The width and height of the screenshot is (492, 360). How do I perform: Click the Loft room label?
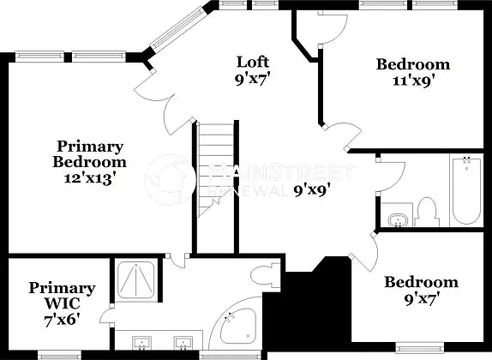253,63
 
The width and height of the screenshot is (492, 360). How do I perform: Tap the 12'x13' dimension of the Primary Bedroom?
88,178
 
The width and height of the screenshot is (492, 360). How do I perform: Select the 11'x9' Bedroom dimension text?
413,81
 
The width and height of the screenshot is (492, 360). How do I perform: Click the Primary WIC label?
62,296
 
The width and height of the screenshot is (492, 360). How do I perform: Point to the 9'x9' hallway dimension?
312,190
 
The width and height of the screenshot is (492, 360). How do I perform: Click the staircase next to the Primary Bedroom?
216,170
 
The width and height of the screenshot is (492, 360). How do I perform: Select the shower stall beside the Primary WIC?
136,280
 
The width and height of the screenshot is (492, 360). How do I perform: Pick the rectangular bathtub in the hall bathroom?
466,191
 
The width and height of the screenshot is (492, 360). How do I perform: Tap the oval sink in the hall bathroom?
398,219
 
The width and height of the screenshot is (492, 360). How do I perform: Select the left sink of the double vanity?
142,343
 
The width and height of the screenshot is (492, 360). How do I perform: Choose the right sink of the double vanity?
183,343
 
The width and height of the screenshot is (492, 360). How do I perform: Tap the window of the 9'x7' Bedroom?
420,347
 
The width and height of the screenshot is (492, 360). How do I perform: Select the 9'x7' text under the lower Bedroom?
421,299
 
